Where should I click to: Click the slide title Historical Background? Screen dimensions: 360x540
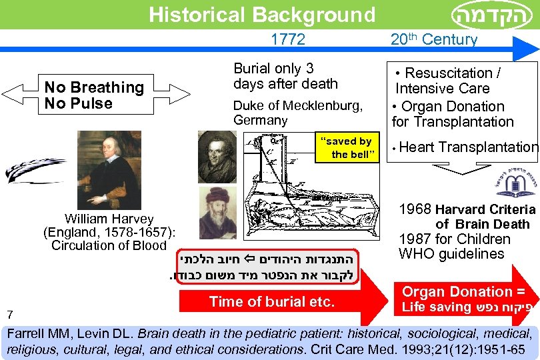pos(262,15)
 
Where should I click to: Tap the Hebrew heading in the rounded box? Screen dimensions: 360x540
pos(491,15)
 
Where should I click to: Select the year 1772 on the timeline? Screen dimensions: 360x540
pos(288,40)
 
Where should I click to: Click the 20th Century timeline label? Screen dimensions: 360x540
pos(434,40)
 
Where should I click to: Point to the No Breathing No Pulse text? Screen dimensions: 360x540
pos(94,95)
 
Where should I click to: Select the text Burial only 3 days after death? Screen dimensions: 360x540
pos(285,76)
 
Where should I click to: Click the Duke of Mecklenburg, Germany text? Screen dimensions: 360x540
pos(297,113)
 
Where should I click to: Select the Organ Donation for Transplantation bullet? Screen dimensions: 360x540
pos(453,114)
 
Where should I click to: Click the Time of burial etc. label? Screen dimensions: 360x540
pos(271,301)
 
